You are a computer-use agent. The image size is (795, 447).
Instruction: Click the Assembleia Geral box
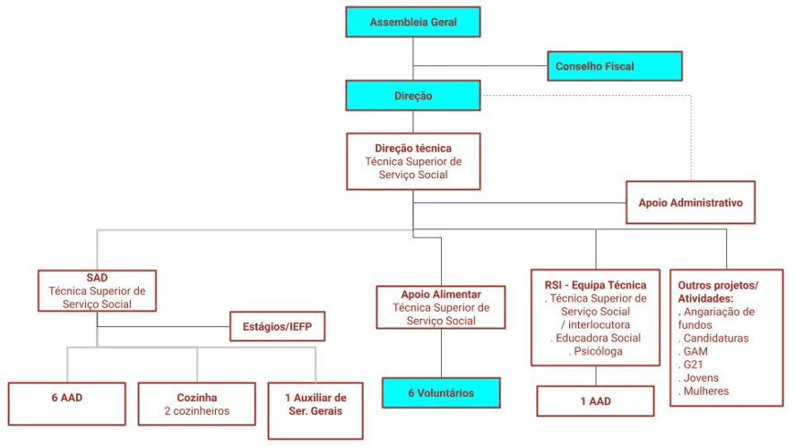(413, 21)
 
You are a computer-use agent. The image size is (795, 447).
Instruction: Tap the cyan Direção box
(413, 96)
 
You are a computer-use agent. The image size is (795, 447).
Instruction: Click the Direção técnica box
(413, 161)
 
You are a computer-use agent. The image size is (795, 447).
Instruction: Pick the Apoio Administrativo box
(690, 202)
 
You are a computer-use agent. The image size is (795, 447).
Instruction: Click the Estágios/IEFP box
(277, 326)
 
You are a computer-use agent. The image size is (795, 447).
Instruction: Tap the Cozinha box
(197, 404)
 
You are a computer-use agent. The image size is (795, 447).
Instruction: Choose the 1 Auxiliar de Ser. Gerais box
(315, 404)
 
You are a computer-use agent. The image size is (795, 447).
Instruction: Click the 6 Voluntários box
(441, 392)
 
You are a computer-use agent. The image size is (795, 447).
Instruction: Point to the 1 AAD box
(595, 400)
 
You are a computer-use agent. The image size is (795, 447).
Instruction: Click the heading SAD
(97, 278)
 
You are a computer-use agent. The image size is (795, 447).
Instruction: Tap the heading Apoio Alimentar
(441, 294)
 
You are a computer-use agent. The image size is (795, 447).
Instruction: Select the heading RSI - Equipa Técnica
(595, 285)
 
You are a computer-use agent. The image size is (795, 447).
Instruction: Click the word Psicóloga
(596, 351)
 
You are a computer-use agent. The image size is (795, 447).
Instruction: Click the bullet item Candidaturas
(714, 338)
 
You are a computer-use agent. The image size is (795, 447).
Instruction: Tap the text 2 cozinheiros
(197, 411)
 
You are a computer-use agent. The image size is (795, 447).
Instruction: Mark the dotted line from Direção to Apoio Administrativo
(691, 134)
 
